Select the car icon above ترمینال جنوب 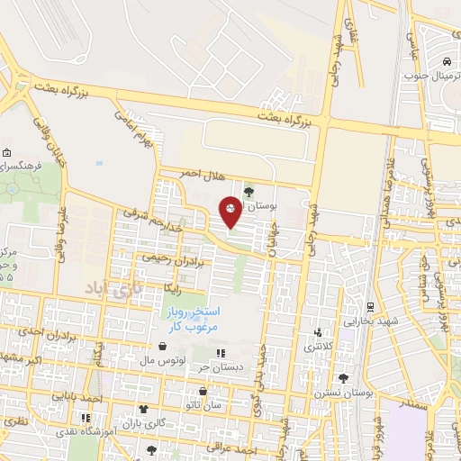447,62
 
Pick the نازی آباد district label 107,288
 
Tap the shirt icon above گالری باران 143,409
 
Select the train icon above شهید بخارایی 366,305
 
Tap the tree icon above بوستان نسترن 341,378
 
